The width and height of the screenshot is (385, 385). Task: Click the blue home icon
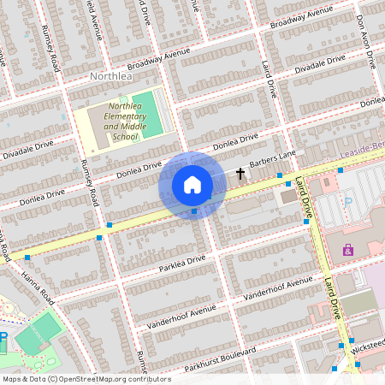point(192,185)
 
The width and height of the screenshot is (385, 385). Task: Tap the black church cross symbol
point(240,174)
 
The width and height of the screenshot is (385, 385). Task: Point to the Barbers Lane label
point(272,159)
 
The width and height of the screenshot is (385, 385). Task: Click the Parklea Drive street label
point(183,260)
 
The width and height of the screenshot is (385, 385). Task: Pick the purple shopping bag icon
point(348,250)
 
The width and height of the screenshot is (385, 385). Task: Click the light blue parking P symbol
point(347,201)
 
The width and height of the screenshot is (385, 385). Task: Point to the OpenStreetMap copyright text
point(86,378)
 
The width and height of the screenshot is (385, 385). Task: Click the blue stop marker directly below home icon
point(194,210)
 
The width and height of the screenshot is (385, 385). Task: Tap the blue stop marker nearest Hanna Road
point(27,257)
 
